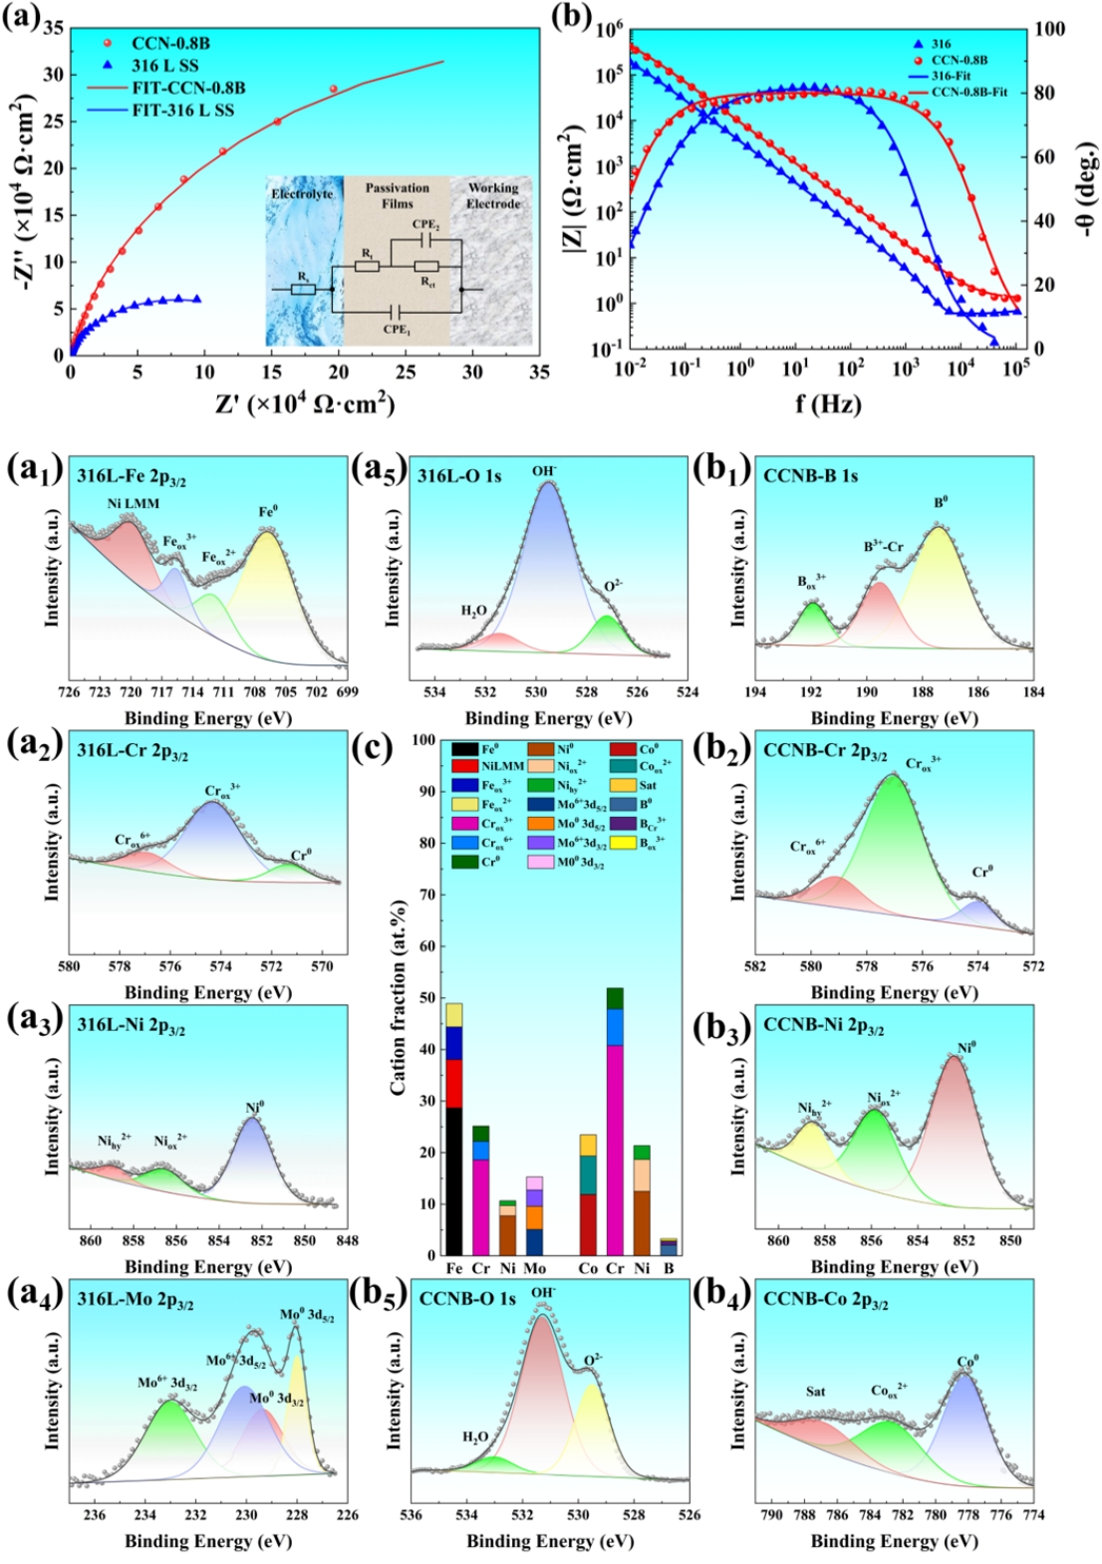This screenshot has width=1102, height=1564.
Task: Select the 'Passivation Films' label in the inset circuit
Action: [397, 195]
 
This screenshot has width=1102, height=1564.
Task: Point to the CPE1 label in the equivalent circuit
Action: [397, 329]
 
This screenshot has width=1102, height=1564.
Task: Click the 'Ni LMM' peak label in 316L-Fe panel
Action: [133, 503]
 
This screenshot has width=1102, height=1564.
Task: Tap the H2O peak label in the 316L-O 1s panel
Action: [473, 611]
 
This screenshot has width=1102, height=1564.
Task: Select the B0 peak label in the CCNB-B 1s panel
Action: [940, 503]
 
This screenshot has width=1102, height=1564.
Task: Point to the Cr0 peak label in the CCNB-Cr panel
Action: [982, 872]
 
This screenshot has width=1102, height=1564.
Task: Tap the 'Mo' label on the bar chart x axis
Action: [535, 1268]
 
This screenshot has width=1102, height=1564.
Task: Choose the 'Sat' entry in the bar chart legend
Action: [648, 786]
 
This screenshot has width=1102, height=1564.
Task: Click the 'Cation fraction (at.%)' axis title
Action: [399, 996]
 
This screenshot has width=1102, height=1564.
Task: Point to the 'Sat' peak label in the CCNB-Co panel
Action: [815, 1392]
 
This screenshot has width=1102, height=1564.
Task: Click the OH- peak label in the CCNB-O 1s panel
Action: [543, 1293]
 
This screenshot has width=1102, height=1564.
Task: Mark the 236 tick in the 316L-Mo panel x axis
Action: [95, 1515]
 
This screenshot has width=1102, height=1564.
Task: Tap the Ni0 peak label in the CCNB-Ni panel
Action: [965, 1048]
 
